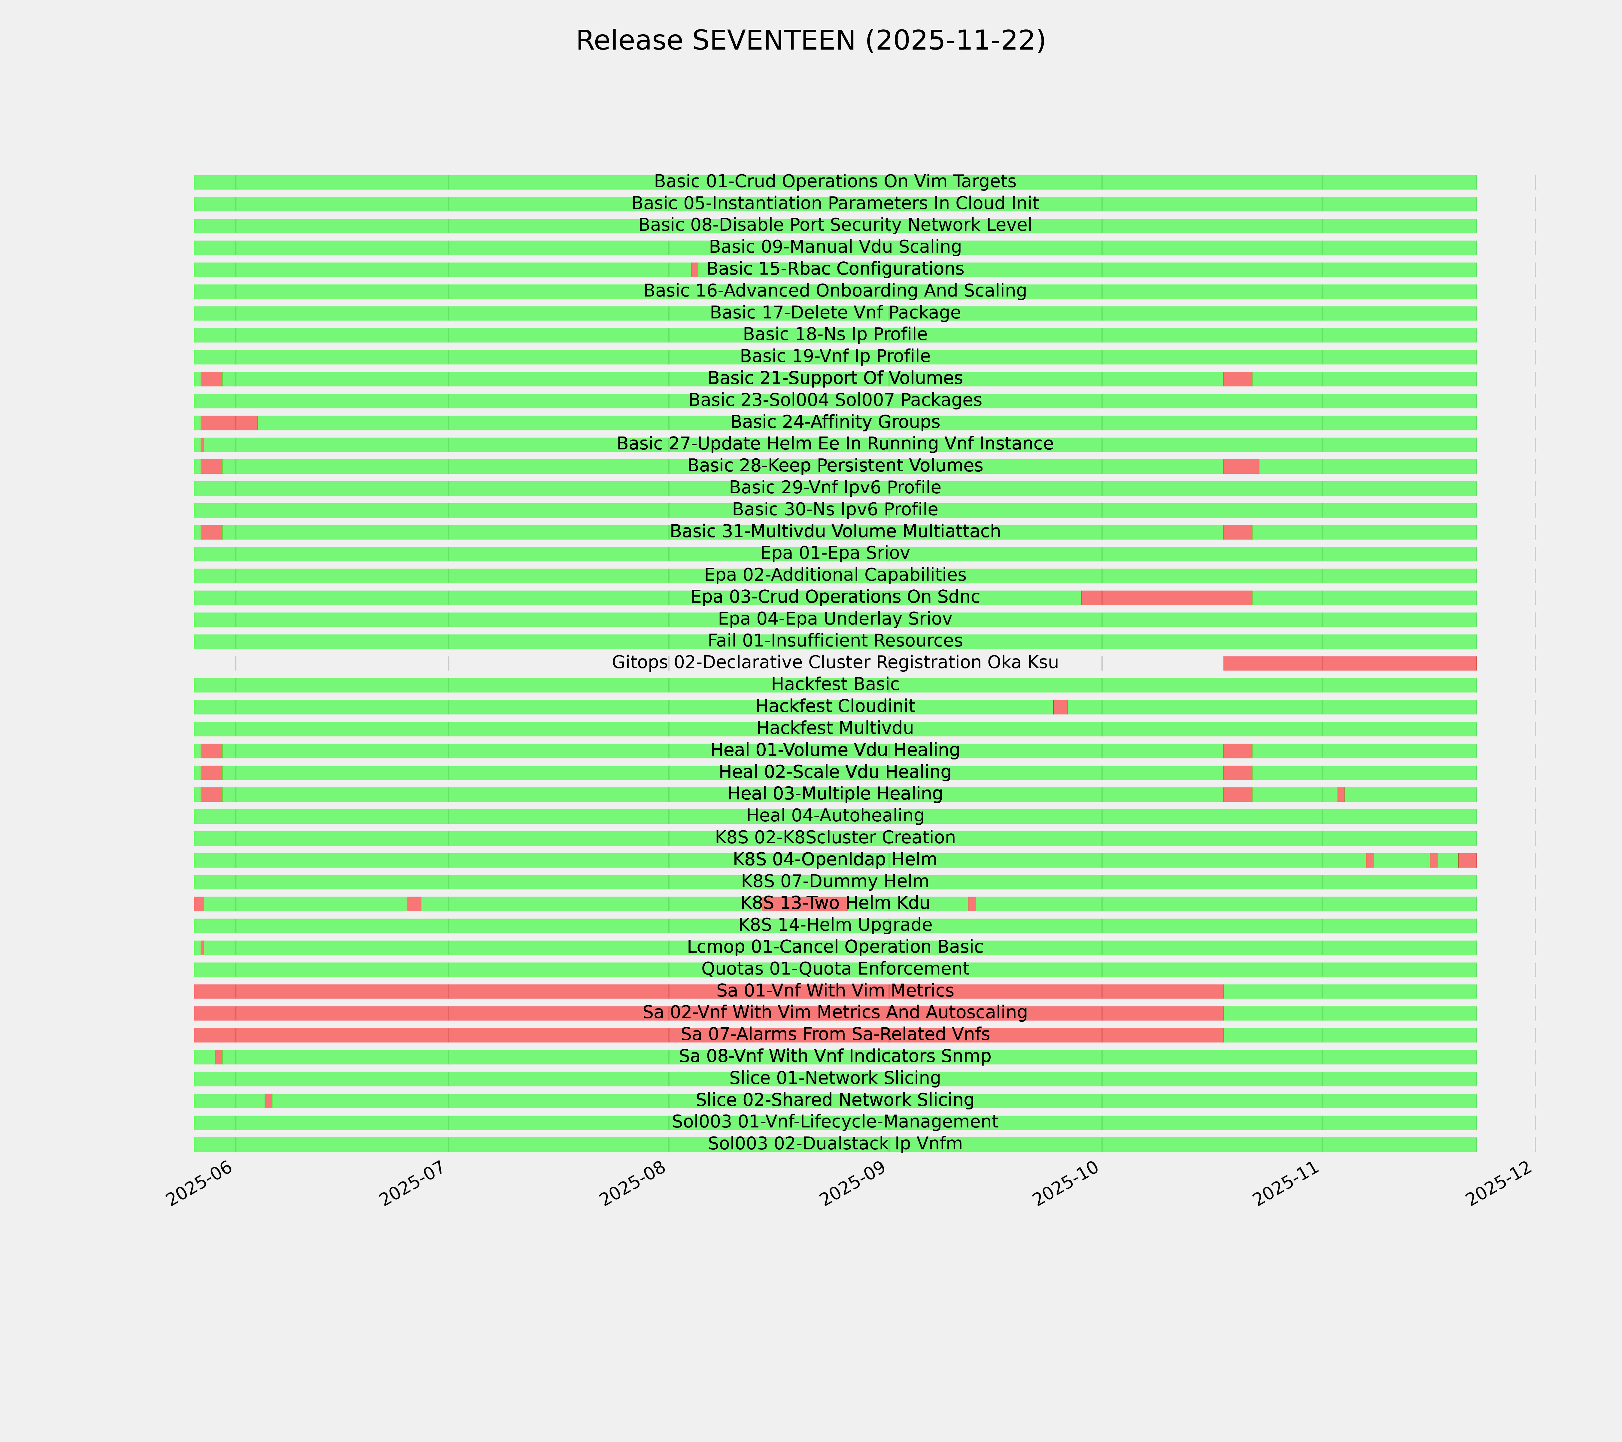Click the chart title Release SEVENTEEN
coord(810,41)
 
